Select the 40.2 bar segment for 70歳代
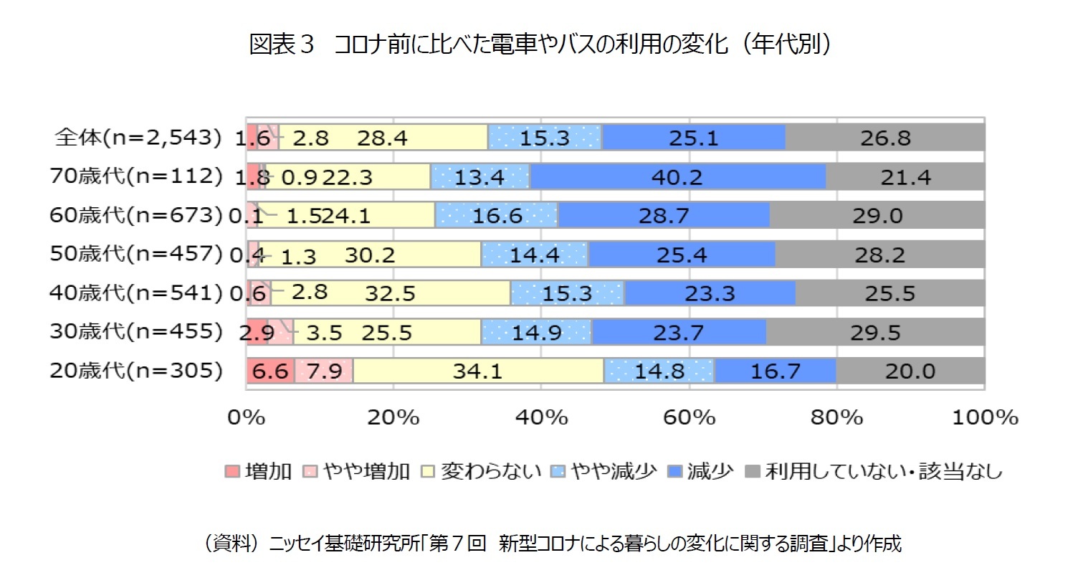pyautogui.click(x=677, y=176)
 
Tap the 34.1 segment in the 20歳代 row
pyautogui.click(x=478, y=371)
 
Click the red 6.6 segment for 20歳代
pyautogui.click(x=270, y=371)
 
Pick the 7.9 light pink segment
pyautogui.click(x=324, y=371)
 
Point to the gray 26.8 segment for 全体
pyautogui.click(x=885, y=138)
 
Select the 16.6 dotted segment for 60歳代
pyautogui.click(x=497, y=215)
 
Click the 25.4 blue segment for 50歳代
pyautogui.click(x=681, y=255)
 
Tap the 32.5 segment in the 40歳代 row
pyautogui.click(x=390, y=293)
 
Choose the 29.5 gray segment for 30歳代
pyautogui.click(x=875, y=332)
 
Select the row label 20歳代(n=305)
pyautogui.click(x=136, y=370)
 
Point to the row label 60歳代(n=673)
pyautogui.click(x=136, y=214)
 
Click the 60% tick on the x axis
pyautogui.click(x=689, y=417)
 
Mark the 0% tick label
pyautogui.click(x=246, y=417)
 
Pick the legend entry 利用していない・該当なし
pyautogui.click(x=874, y=471)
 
